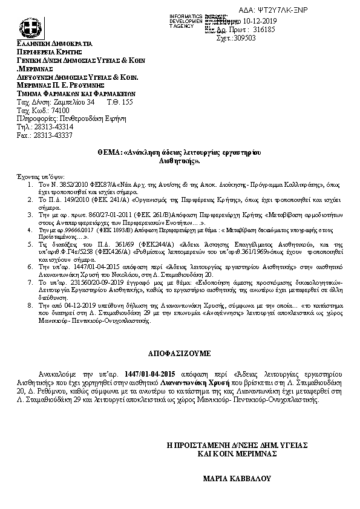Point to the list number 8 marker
tap(31, 306)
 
